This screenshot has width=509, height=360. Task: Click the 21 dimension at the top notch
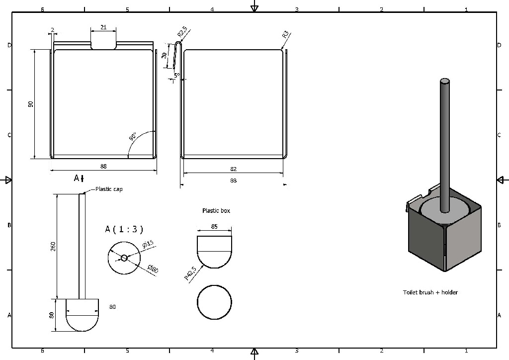coord(103,28)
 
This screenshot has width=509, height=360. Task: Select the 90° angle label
coord(133,137)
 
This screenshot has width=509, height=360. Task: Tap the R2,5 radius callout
coord(182,33)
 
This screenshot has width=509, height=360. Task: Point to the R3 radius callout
coord(285,35)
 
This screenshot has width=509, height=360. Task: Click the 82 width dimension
coord(233,170)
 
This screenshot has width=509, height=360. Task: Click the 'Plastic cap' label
coord(109,189)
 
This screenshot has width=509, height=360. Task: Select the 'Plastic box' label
coord(216,211)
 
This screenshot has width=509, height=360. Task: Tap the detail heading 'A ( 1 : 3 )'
coord(124,229)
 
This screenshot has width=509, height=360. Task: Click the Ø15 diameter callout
coord(148,245)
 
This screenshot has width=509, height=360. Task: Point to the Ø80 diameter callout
coord(153,269)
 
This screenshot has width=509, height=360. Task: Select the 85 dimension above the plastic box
coord(214,227)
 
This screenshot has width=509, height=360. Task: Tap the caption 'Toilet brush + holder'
coord(430,292)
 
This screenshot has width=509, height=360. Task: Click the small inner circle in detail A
coord(124,258)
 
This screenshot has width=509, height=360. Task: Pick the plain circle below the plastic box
coord(214,302)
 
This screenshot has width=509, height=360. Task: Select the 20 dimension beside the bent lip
coord(165,56)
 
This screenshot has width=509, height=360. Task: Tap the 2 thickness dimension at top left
coord(52,30)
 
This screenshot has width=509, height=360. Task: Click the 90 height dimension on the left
coord(30,104)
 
